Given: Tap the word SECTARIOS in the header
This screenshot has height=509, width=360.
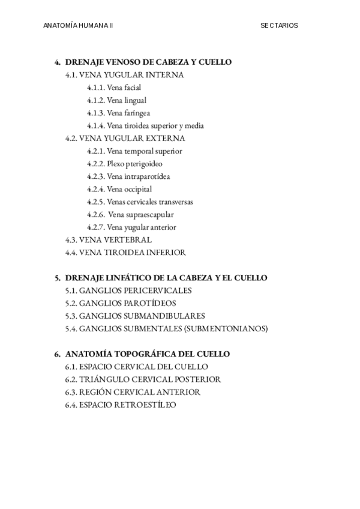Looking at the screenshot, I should [x=279, y=26].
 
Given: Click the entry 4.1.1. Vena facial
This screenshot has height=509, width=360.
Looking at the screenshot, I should [x=114, y=88].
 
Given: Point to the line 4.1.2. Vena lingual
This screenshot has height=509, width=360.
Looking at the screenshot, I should [x=116, y=100].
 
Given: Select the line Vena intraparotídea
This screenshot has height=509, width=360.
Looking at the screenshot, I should [x=138, y=176].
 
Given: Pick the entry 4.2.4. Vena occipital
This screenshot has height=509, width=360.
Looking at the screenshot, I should [x=119, y=189].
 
